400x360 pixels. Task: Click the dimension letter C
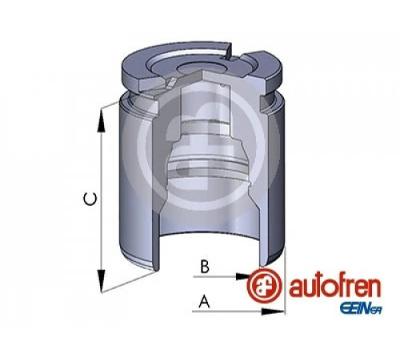(x=90, y=199)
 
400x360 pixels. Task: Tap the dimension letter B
(x=205, y=266)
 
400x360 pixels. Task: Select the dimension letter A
(x=204, y=301)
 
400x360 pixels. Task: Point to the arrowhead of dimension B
(x=243, y=277)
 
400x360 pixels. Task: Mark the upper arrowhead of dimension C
(x=101, y=122)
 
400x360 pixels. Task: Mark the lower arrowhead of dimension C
(x=101, y=280)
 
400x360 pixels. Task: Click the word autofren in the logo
(x=334, y=288)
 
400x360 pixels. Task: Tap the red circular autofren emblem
(x=264, y=286)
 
